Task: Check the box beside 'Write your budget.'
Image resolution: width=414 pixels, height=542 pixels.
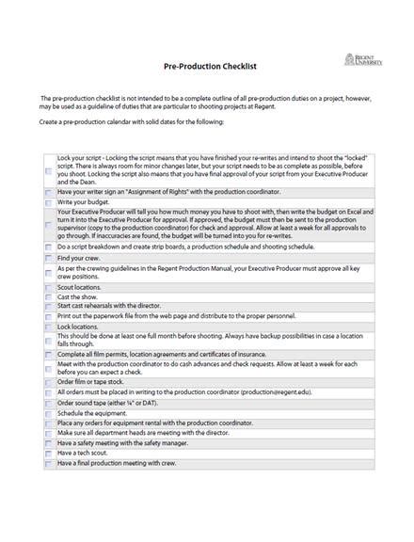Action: coord(49,202)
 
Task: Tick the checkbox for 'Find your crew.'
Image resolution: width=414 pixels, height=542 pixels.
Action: coord(49,258)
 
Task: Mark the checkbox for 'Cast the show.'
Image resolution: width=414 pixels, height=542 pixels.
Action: coord(49,295)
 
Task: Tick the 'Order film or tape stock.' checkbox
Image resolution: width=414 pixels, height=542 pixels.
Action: coord(49,382)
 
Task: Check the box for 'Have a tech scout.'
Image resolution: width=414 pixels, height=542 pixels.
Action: coord(49,454)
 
